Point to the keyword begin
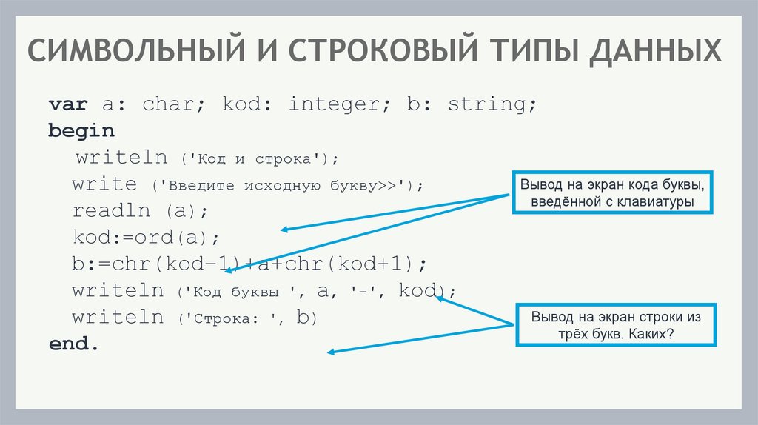81,131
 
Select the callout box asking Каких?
615,324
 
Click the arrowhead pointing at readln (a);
284,230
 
